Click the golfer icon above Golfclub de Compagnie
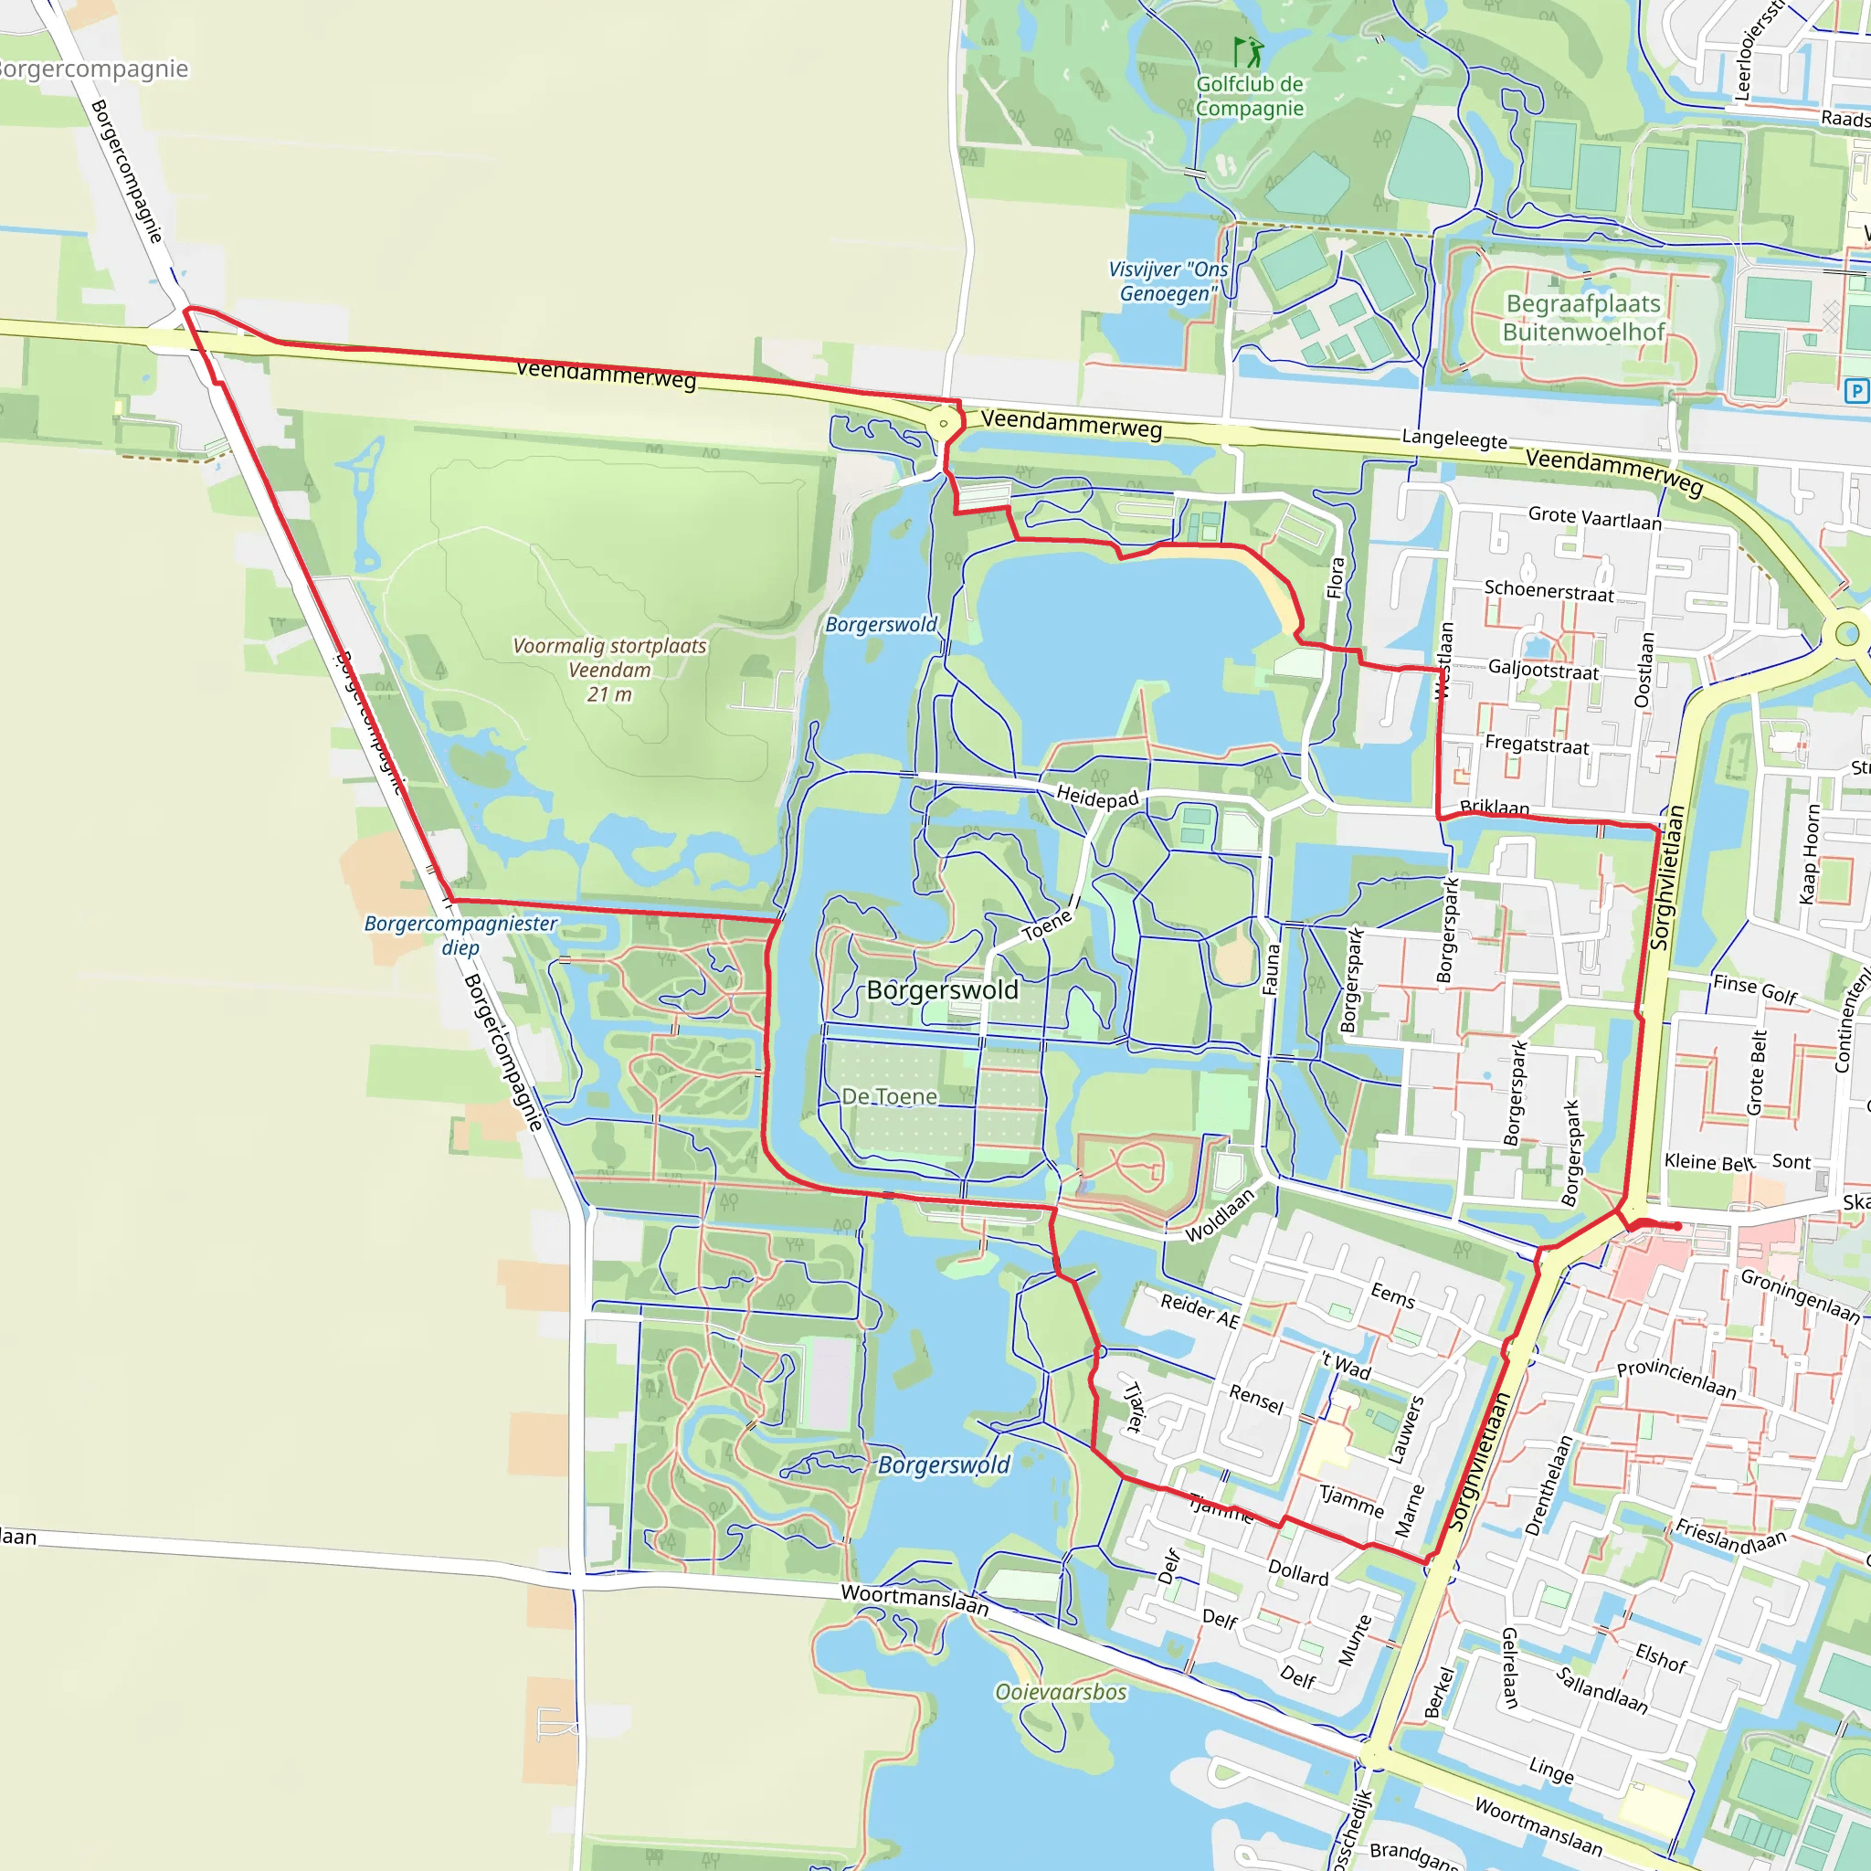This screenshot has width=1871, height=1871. tap(1248, 51)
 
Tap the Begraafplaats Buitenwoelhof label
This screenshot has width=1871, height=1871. tap(1582, 318)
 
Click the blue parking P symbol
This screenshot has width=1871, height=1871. tap(1855, 391)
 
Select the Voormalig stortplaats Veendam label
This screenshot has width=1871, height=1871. tap(609, 669)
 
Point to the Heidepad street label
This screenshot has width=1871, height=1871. tap(1096, 797)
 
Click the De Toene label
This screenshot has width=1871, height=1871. tap(889, 1096)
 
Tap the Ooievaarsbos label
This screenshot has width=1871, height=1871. tap(1061, 1692)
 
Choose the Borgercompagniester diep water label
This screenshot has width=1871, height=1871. tap(460, 935)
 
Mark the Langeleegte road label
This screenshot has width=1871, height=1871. tap(1454, 439)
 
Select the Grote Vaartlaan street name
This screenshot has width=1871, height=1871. tap(1594, 518)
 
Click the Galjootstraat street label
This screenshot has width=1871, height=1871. tap(1543, 669)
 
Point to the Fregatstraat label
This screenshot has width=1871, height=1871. tap(1537, 745)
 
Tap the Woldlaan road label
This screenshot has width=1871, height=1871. tap(1220, 1214)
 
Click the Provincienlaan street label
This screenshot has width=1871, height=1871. tap(1676, 1378)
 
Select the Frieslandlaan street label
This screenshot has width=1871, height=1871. tap(1730, 1537)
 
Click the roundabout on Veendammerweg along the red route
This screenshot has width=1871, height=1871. tap(943, 423)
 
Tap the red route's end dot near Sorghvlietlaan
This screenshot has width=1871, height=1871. tap(1677, 1226)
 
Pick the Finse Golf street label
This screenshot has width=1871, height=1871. tap(1755, 988)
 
